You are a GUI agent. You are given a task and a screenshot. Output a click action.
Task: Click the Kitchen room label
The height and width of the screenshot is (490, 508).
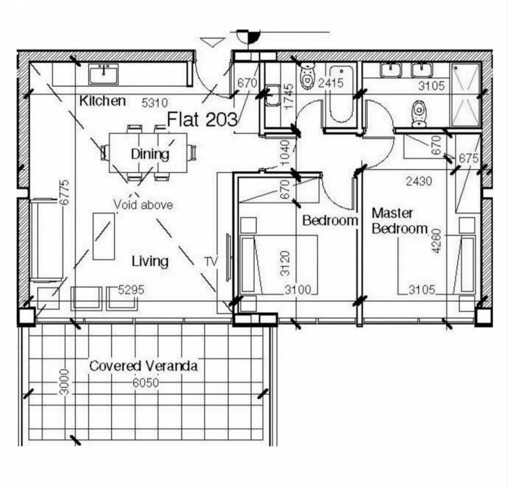[x=103, y=101]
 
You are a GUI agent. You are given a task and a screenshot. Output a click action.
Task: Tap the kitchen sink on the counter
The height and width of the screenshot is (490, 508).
[x=104, y=74]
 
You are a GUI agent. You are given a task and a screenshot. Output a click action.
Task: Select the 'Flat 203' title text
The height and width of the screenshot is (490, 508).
[x=202, y=119]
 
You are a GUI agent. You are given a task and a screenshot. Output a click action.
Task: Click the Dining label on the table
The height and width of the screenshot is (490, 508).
[x=150, y=154]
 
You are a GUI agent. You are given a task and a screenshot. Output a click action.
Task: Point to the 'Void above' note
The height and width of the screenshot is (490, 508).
[x=143, y=205]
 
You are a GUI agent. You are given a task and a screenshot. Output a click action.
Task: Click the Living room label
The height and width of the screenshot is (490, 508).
[x=150, y=261]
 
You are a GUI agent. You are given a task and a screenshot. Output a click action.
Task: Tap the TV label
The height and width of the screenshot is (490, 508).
[x=211, y=261]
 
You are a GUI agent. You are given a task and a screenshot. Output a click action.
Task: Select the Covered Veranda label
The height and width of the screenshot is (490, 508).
[x=143, y=366]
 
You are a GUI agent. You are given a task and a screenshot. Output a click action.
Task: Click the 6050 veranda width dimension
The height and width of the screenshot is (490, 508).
[x=146, y=383]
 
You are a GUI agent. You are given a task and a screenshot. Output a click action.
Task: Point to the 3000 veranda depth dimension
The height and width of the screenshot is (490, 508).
[x=65, y=382]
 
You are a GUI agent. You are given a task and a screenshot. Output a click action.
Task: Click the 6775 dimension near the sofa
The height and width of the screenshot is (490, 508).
[x=65, y=192]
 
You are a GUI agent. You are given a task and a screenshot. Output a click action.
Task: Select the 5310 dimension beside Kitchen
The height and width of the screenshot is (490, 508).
[x=155, y=103]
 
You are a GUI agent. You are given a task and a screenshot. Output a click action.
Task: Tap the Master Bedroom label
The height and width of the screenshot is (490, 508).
[x=400, y=220]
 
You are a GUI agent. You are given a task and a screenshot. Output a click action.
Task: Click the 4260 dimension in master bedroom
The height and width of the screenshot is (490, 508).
[x=436, y=241]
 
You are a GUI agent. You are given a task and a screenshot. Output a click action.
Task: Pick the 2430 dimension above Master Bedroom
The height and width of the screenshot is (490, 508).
[x=419, y=181]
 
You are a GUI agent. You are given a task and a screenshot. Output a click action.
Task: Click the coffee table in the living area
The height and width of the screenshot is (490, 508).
[x=104, y=236]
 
